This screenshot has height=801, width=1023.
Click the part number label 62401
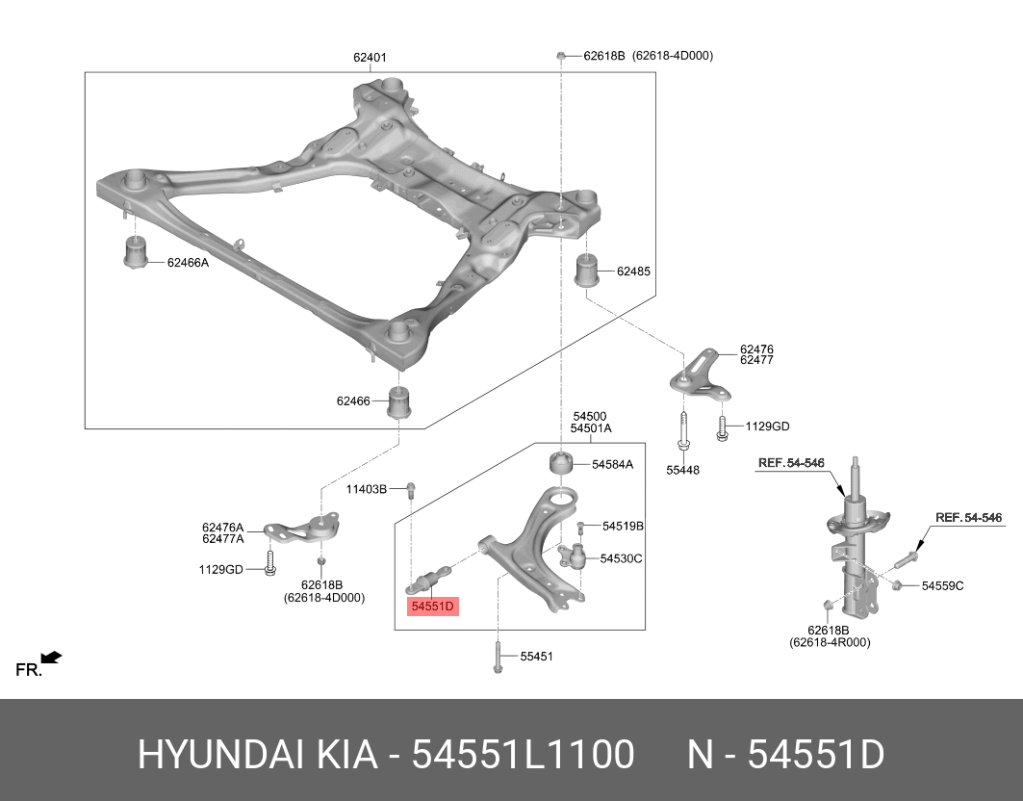[x=370, y=58]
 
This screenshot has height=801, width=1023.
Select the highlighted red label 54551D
[x=433, y=607]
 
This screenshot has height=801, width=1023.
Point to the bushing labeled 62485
[x=588, y=270]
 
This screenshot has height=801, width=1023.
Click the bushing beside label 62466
[x=399, y=401]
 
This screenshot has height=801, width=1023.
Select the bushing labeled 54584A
[x=561, y=463]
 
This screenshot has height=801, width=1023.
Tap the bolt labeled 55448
[x=681, y=429]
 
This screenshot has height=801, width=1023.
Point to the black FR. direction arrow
[x=51, y=658]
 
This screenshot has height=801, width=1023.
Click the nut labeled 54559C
[x=897, y=584]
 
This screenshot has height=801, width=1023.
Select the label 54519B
[x=623, y=527]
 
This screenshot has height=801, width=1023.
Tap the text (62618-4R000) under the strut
[x=829, y=642]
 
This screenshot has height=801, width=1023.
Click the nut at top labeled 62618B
[x=560, y=56]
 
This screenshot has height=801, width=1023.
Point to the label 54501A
[x=590, y=428]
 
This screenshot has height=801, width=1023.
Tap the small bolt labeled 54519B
[x=582, y=527]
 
